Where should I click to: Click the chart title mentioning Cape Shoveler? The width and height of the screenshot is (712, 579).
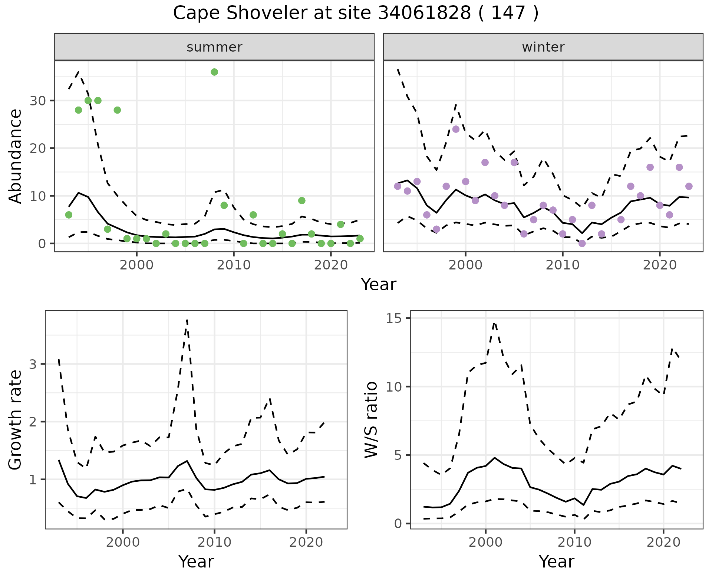[356, 13]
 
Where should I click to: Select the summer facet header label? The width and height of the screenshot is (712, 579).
[214, 47]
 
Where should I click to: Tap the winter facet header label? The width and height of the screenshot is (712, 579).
[543, 47]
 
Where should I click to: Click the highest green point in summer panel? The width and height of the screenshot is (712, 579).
[214, 72]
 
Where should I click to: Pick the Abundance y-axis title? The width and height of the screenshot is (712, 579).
[16, 156]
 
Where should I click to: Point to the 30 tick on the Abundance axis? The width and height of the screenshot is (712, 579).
[37, 101]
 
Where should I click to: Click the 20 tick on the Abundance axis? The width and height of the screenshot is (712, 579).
[37, 148]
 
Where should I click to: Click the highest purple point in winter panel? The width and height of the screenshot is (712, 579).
[456, 129]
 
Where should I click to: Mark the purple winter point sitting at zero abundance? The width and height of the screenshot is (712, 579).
[582, 243]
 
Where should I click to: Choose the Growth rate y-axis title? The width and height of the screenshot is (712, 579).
[16, 420]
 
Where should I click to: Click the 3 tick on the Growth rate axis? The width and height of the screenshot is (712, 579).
[33, 364]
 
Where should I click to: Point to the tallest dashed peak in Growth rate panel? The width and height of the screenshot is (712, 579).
[187, 320]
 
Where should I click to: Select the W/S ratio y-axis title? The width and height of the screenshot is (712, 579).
[371, 420]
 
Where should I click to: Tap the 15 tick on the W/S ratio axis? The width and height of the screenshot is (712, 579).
[396, 318]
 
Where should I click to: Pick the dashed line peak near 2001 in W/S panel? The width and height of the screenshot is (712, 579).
[494, 323]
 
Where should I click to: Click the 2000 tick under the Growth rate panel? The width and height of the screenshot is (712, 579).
[123, 542]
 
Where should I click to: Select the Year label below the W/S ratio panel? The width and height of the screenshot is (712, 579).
[556, 562]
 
